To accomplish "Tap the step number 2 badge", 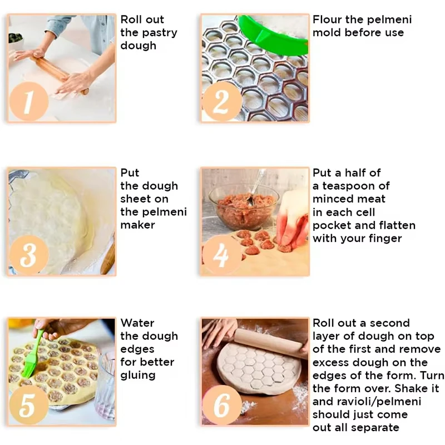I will click(x=221, y=102).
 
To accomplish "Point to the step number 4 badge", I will click(x=221, y=256).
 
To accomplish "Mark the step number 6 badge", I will click(x=221, y=406).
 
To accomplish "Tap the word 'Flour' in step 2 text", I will click(x=327, y=19).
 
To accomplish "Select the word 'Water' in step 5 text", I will click(x=137, y=323).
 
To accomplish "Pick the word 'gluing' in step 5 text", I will click(x=138, y=375).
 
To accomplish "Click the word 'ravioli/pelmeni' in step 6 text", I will click(x=367, y=402).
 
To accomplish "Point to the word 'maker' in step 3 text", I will click(x=137, y=225).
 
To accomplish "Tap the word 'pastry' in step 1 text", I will click(x=159, y=33).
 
